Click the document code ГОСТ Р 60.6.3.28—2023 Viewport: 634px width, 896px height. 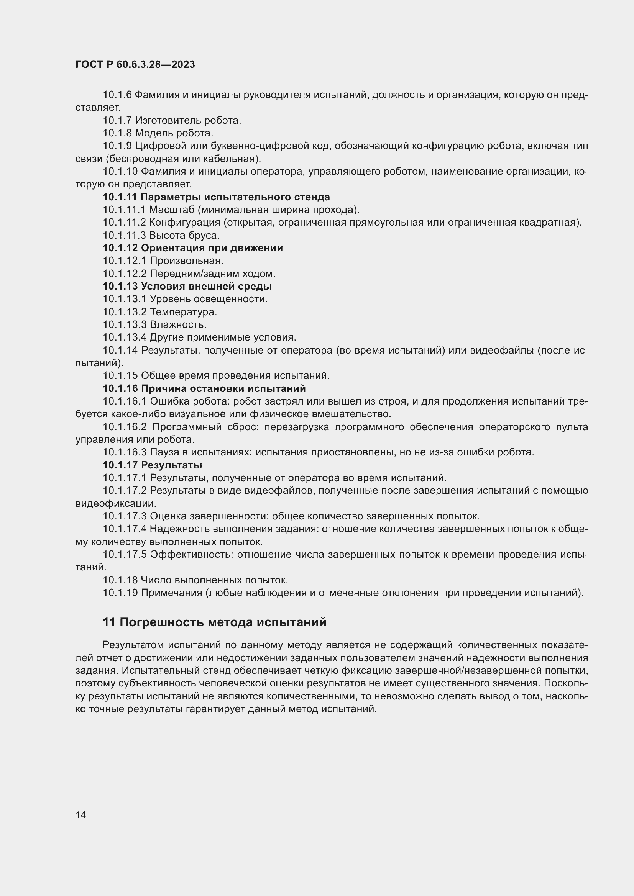coord(135,64)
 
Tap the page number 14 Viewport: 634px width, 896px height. coord(81,815)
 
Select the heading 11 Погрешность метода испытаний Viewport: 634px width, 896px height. coord(214,622)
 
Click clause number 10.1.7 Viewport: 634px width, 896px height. coord(117,121)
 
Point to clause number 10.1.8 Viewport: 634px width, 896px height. coord(117,133)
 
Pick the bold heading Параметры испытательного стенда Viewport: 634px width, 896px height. coord(235,197)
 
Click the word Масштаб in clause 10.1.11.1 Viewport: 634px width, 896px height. coord(172,210)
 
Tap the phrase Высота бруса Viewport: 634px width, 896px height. coord(185,235)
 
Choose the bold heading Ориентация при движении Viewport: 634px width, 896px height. coord(212,248)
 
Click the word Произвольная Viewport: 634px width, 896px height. coord(187,261)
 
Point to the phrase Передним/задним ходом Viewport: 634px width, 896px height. coord(213,274)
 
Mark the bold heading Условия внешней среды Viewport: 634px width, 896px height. coord(206,287)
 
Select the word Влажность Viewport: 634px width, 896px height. coord(178,325)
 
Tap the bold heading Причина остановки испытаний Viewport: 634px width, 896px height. coord(223,389)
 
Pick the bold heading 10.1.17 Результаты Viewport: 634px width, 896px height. coord(152,465)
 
